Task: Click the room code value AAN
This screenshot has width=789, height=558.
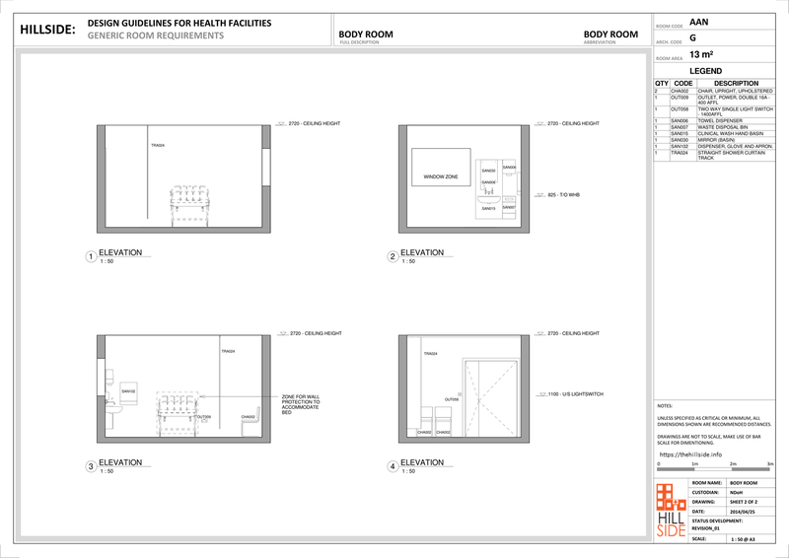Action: click(x=698, y=21)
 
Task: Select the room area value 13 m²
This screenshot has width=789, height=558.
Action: click(x=701, y=55)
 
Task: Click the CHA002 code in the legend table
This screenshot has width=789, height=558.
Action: click(x=680, y=91)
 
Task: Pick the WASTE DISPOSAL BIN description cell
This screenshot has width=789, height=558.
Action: click(x=724, y=127)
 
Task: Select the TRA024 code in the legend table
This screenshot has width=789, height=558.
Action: click(x=680, y=153)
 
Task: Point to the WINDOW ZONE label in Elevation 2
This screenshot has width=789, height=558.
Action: click(x=440, y=177)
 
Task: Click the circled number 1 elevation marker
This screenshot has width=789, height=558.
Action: click(x=91, y=257)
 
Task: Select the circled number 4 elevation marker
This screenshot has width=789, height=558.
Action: click(x=393, y=466)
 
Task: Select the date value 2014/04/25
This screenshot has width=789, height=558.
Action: click(x=743, y=511)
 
